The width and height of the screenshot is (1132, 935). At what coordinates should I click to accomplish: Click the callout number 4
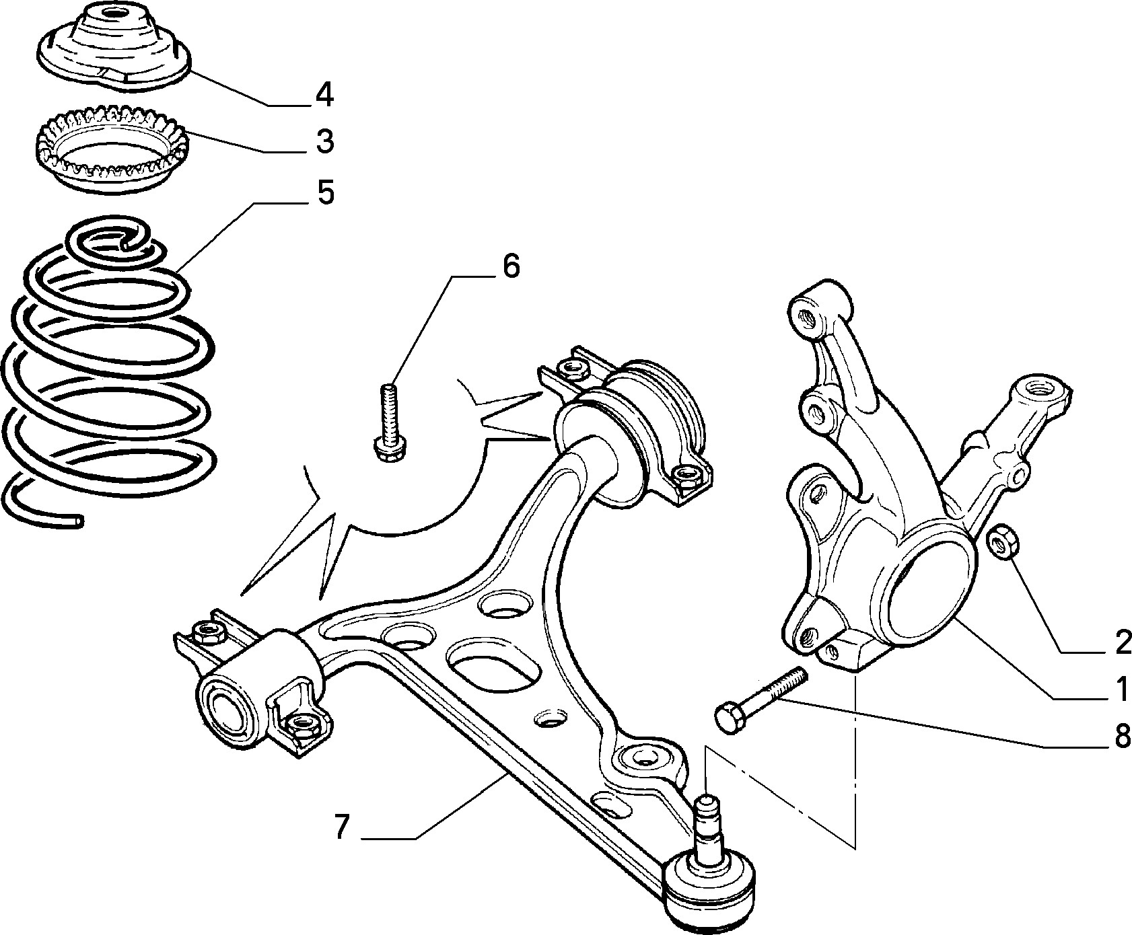324,95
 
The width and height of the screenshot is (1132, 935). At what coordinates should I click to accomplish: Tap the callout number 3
324,142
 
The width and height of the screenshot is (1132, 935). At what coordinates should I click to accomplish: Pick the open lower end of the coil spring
79,521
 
